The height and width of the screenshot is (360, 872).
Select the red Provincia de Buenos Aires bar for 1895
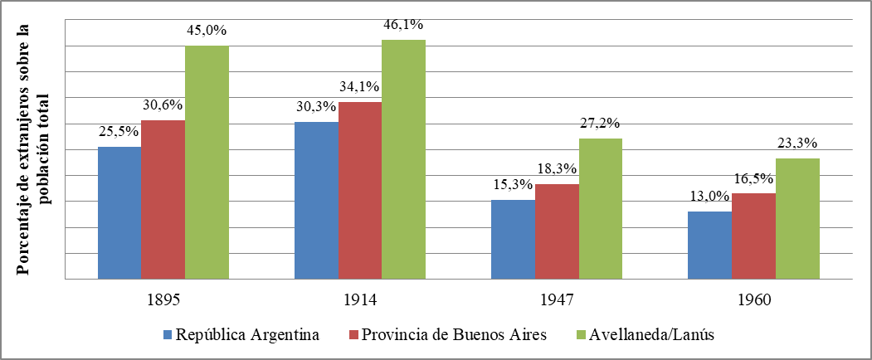click(163, 199)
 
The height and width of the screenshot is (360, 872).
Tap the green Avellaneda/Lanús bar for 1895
click(207, 162)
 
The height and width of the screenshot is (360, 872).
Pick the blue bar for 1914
click(316, 200)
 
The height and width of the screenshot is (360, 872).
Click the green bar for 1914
click(403, 159)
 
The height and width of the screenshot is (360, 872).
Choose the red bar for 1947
click(557, 231)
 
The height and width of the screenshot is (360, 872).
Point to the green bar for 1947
click(600, 208)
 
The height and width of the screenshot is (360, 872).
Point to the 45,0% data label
click(207, 32)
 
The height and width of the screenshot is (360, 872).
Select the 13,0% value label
click(709, 197)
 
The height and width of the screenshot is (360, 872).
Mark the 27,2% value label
click(600, 124)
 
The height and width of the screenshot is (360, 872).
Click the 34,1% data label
click(359, 87)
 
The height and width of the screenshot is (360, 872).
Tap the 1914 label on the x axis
click(359, 300)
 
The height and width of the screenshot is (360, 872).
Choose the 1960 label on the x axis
click(753, 300)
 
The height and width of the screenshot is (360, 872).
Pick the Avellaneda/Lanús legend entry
click(645, 335)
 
